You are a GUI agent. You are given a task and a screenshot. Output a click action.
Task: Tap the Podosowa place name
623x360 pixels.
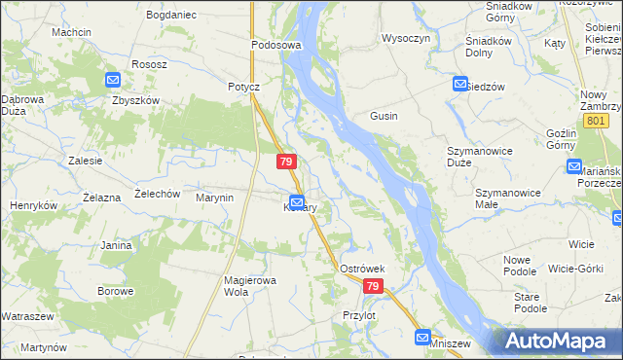tap(277, 45)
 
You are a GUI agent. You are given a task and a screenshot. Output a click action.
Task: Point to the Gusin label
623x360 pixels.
tap(383, 116)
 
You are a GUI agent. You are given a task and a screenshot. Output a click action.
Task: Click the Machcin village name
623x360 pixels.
tap(72, 32)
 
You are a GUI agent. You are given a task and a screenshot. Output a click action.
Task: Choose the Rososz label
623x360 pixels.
tap(150, 64)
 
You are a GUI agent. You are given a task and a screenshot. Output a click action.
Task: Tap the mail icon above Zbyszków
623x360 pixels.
tap(112, 81)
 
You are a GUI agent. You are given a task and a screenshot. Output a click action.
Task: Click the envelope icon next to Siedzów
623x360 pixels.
tap(460, 85)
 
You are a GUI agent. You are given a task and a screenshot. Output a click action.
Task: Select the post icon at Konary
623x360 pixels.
tap(296, 200)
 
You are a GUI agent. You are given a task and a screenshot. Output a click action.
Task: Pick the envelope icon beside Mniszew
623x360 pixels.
tap(422, 338)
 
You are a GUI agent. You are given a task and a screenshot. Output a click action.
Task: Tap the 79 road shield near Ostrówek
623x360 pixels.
tap(375, 287)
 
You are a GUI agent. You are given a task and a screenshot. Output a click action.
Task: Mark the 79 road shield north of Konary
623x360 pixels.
tap(285, 162)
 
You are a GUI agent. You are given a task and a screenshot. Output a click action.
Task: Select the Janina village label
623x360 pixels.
tap(116, 245)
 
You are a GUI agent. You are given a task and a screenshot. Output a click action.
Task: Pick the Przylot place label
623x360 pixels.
tap(359, 315)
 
